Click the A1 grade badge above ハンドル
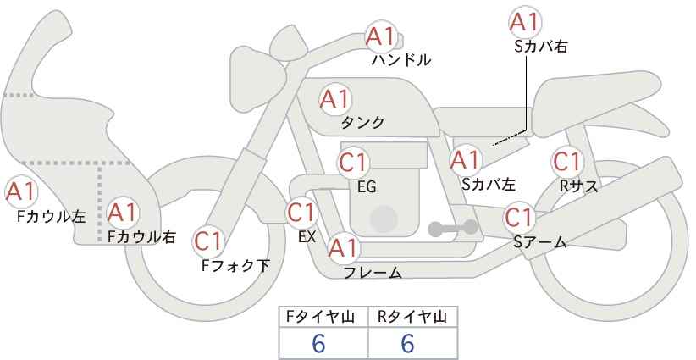coord(380,37)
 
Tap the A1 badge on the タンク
coord(335,99)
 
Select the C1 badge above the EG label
coord(353,163)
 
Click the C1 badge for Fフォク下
coord(208,241)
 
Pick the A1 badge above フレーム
coord(343,248)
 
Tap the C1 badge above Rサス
coord(566,162)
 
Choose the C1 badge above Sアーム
coord(519,218)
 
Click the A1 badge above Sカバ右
coord(525,22)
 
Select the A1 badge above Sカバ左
coord(465,160)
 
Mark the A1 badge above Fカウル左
coord(20,191)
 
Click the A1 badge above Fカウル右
coord(123,213)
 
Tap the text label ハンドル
coord(401,60)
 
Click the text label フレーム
coord(373,273)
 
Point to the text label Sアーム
coord(540,242)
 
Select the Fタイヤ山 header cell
coord(323,318)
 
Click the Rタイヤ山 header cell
coord(413,318)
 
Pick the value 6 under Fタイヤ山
coord(318,343)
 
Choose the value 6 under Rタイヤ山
coord(407,343)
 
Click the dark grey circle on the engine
coord(384,219)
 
